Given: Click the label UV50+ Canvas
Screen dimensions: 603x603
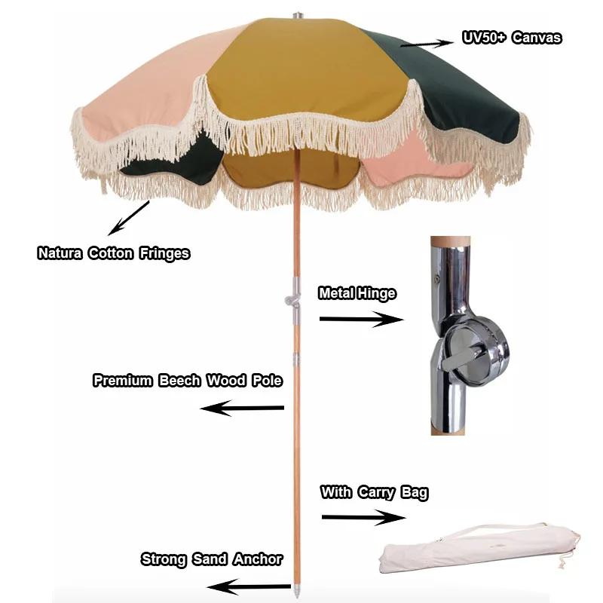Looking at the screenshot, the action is point(512,37).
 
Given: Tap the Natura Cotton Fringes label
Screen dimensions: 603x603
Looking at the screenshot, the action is point(114,253).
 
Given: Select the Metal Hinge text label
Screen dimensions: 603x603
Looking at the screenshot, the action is point(357,293).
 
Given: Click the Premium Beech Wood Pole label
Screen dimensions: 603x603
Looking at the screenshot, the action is point(188,380).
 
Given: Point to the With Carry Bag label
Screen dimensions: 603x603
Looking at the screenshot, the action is point(374,493).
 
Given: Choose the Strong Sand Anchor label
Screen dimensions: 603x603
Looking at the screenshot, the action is point(212,559).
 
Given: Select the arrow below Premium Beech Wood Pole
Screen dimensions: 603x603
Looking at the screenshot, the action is point(241,409).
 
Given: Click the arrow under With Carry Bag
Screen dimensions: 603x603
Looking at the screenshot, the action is point(363,518).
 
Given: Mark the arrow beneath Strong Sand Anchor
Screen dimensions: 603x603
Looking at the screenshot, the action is point(248,586).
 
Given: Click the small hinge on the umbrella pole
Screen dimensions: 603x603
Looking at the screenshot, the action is point(292,300).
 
